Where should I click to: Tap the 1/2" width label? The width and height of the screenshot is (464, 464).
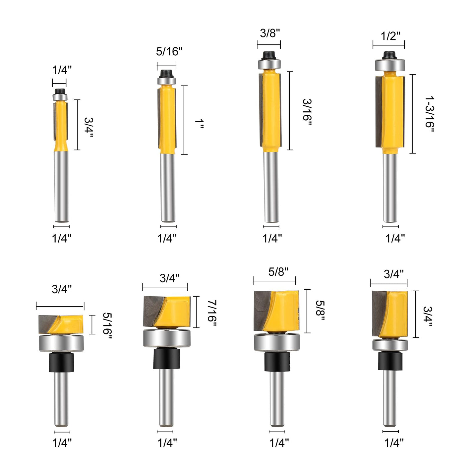(390, 36)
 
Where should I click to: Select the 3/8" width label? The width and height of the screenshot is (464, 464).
(270, 33)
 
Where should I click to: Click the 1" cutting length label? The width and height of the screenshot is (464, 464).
(199, 124)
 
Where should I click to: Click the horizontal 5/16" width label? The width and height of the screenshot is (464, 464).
(169, 51)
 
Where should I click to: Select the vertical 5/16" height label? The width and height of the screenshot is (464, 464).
(107, 326)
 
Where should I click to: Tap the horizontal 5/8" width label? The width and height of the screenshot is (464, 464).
(278, 272)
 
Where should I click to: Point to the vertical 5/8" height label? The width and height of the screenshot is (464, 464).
(320, 310)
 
